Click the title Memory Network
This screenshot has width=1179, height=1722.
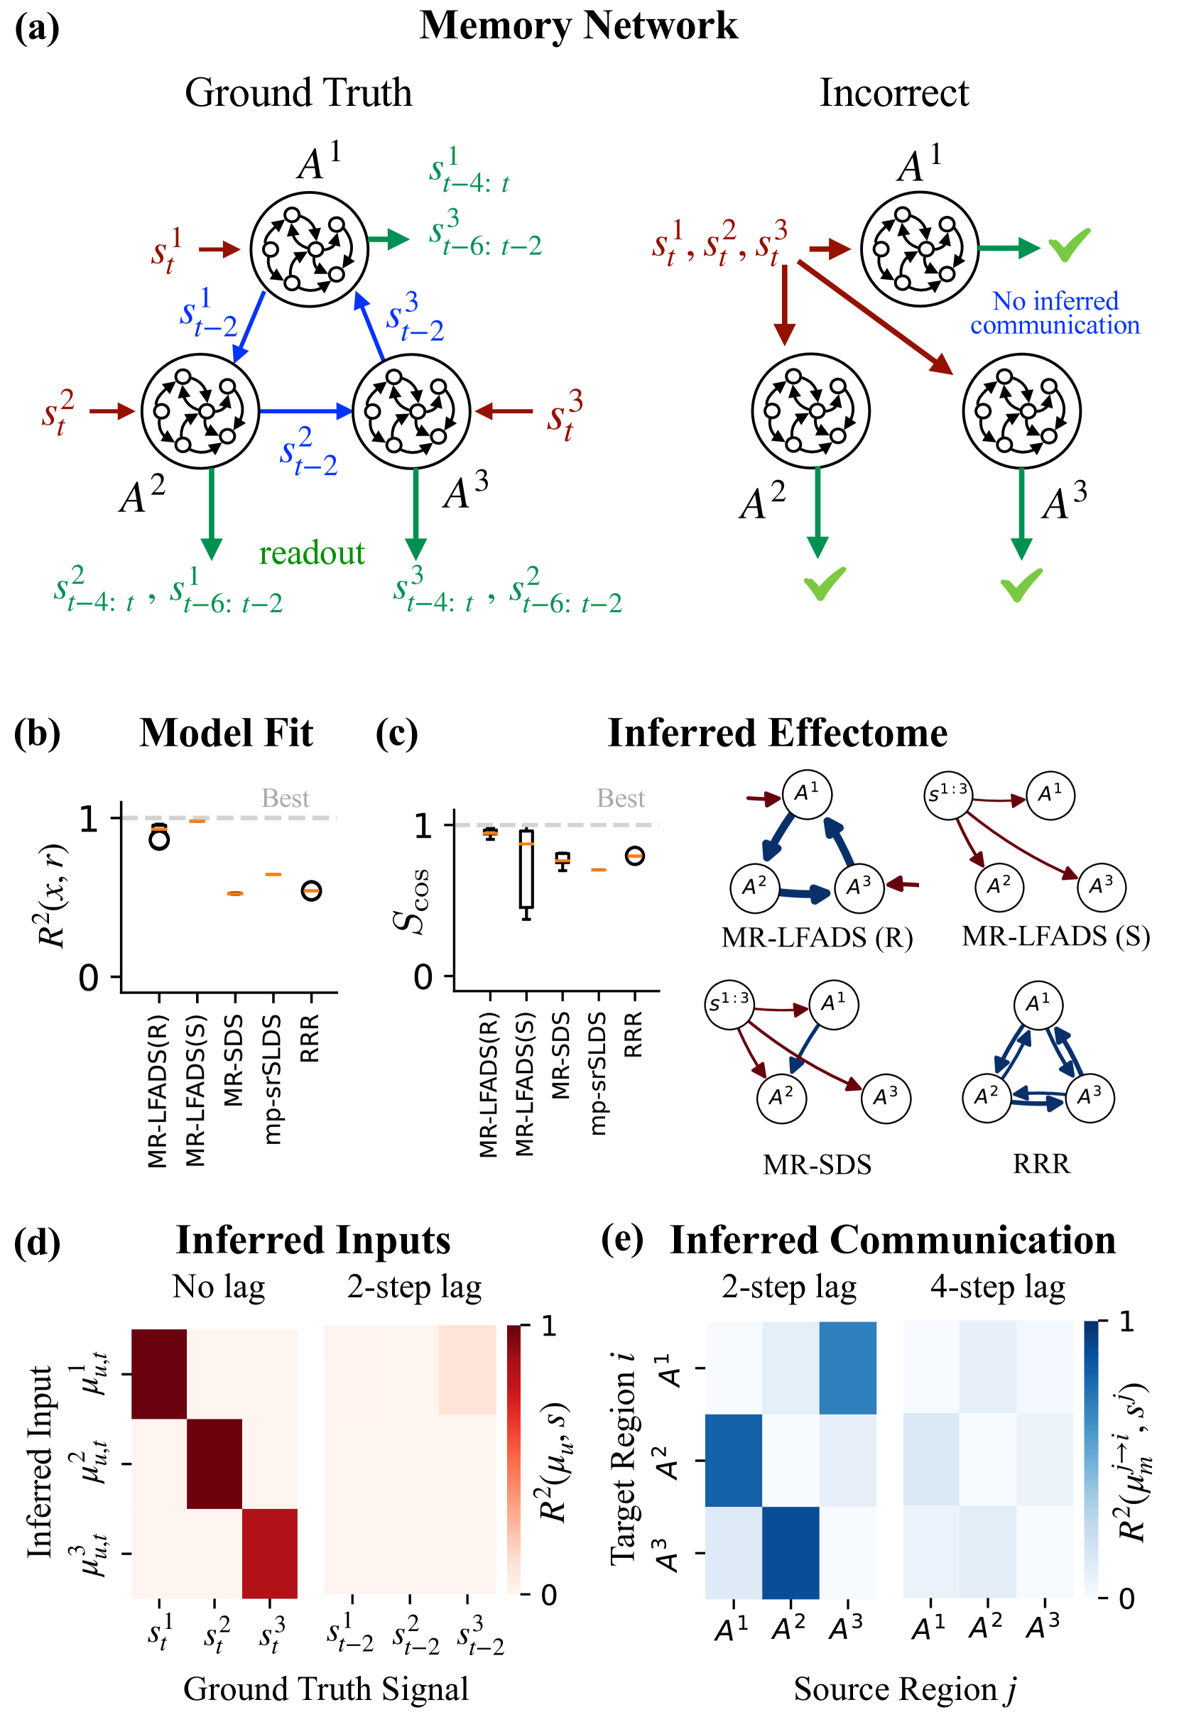pos(578,26)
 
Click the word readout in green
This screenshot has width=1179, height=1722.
pos(311,553)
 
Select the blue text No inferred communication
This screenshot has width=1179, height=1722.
pos(1055,312)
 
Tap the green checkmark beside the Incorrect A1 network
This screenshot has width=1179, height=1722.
pos(1069,244)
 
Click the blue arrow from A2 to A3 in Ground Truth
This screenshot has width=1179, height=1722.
pos(305,411)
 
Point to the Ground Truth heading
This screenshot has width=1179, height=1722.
pos(298,93)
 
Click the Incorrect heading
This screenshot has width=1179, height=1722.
pos(893,93)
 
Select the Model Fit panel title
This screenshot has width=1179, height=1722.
pos(226,733)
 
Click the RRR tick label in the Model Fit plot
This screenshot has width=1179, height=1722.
pos(310,1039)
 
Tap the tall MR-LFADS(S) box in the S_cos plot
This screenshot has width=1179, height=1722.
pos(526,868)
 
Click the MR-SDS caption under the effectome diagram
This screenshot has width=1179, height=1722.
pos(817,1165)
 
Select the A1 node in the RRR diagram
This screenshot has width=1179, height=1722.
pos(1038,1006)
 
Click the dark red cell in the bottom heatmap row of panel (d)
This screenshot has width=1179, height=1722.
pos(270,1553)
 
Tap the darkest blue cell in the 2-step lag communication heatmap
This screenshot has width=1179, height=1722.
pos(790,1552)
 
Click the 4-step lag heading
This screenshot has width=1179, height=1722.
pos(997,1287)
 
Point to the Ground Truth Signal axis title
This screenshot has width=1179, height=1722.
pos(326,1689)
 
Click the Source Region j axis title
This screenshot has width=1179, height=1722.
pos(904,1689)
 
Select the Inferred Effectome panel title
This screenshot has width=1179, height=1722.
pos(776,733)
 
